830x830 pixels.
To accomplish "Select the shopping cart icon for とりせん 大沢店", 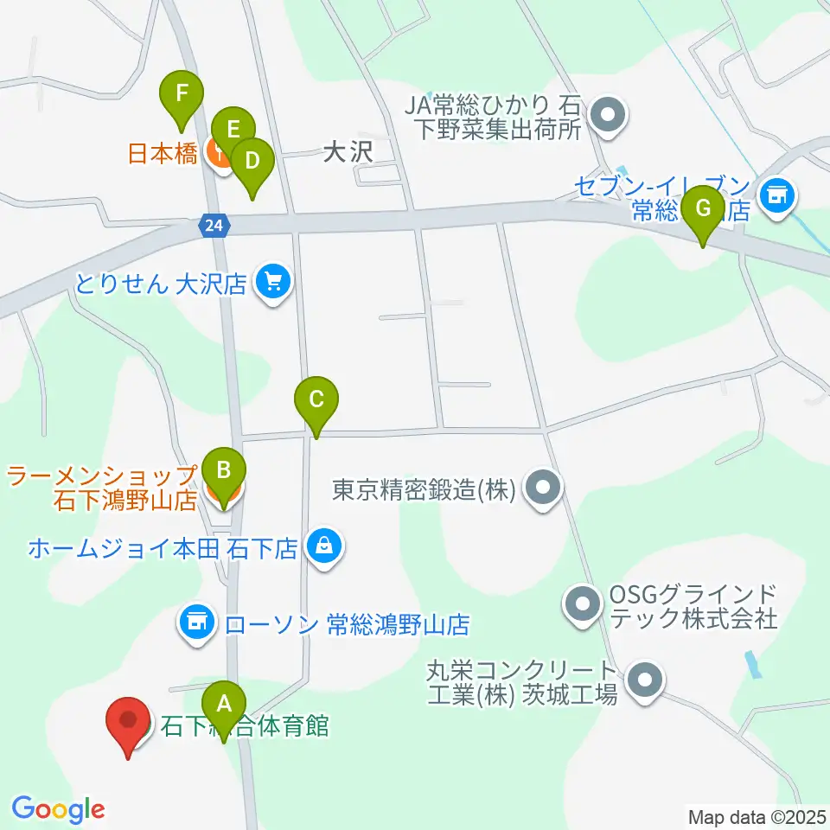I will coord(274,282).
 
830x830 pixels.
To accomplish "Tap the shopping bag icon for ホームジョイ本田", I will coord(323,546).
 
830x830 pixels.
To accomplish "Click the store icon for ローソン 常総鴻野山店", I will coord(197,621).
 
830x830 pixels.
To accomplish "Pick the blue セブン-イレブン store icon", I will coord(776,194).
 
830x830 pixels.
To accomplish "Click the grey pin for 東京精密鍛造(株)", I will coord(544,490).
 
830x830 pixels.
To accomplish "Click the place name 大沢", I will coord(347,153).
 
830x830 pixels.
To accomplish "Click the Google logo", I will coord(58,809).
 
